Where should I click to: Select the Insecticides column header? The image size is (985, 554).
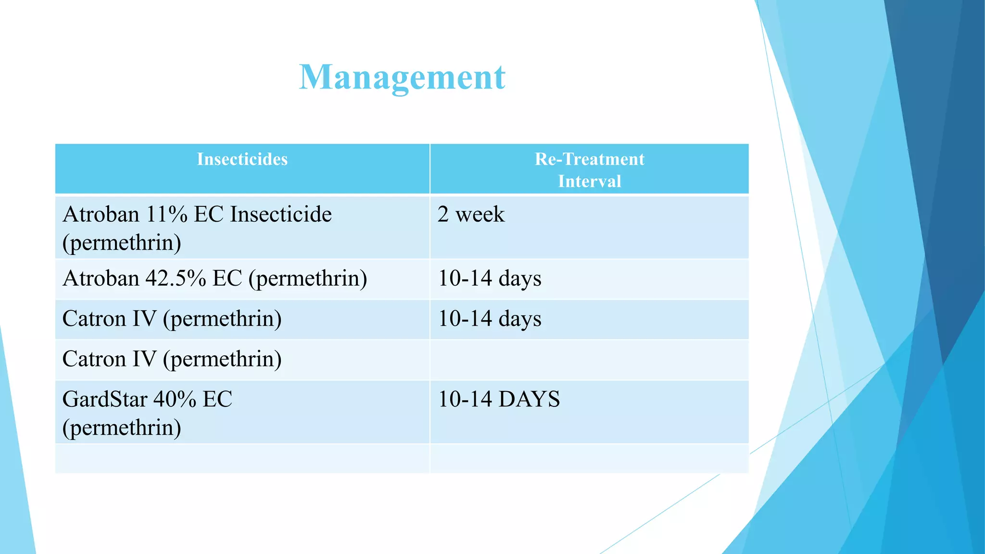242,159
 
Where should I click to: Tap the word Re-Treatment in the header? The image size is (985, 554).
589,159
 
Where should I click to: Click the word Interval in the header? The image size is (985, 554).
589,181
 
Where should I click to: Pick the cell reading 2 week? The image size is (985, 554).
471,214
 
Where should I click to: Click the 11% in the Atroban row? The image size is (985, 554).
166,214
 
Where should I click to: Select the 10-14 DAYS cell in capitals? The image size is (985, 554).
499,400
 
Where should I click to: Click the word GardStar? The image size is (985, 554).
105,400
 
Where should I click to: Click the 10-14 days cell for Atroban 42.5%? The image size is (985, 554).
490,278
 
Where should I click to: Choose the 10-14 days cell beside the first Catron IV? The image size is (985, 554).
490,319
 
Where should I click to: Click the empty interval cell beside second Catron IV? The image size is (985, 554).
589,360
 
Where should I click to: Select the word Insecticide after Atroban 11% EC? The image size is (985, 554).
281,214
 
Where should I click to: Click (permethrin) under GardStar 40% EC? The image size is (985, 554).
122,428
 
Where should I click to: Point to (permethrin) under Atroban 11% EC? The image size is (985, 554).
122,243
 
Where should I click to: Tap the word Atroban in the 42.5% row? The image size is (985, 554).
101,278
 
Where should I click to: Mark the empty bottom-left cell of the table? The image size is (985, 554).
242,458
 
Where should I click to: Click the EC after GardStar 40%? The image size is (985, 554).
217,400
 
